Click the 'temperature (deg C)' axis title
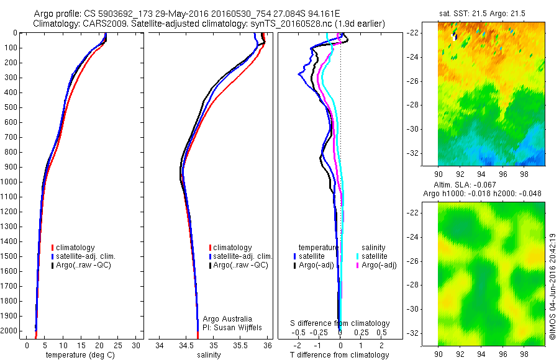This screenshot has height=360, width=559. [78, 355]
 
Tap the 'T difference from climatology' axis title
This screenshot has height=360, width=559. [340, 355]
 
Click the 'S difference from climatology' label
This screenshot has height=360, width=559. [340, 323]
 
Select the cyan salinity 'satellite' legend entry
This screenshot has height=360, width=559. [375, 256]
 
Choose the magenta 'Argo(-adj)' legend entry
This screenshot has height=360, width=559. [378, 265]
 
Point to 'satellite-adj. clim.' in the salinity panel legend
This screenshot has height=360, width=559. [243, 256]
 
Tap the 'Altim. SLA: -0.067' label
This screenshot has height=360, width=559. [491, 185]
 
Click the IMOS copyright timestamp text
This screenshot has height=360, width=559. [552, 287]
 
